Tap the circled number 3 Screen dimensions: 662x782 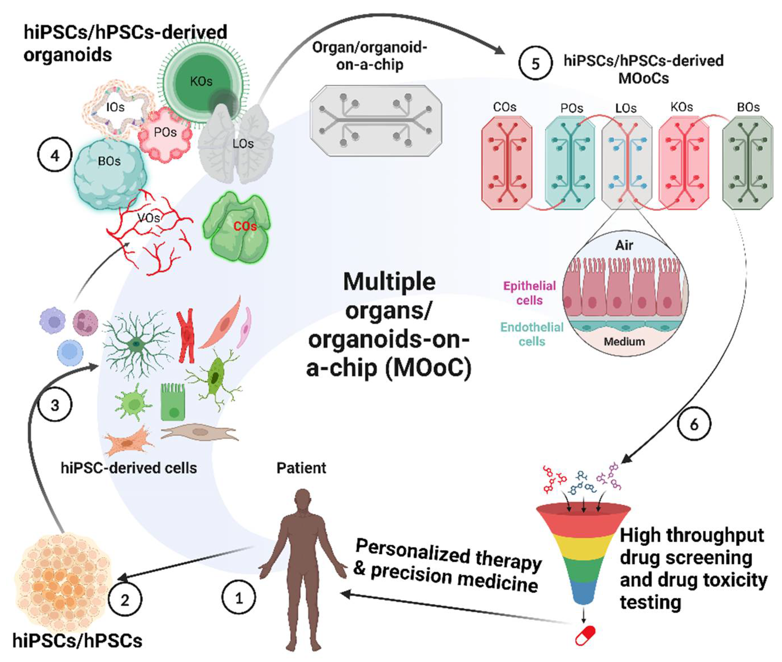click(x=55, y=405)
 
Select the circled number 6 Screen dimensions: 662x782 click(x=694, y=424)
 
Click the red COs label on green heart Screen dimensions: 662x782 click(x=245, y=226)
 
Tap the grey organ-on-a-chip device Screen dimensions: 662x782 click(x=375, y=120)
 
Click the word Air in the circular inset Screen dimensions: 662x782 click(x=624, y=245)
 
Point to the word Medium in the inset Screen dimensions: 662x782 click(x=624, y=341)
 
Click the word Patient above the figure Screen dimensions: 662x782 click(x=301, y=468)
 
